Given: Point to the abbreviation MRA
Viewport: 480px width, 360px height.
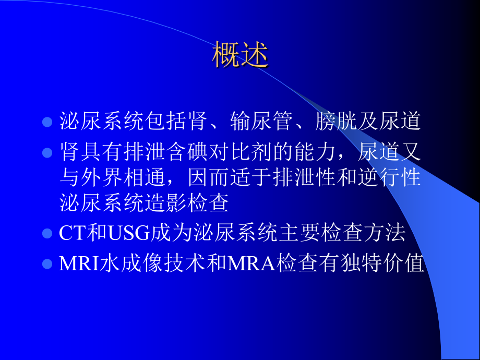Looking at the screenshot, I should (250, 263).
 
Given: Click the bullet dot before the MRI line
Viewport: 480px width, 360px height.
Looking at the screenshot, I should (47, 263).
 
